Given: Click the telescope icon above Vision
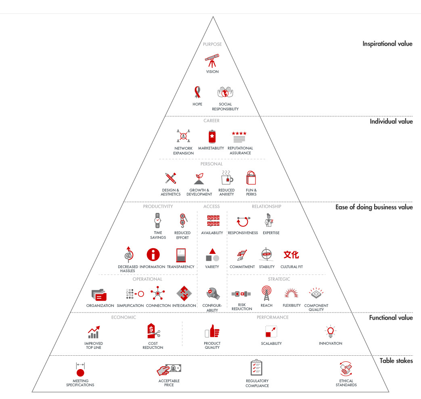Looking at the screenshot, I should [212, 61].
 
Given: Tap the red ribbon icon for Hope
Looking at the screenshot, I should [197, 93].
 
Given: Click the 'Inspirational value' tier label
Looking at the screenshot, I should [387, 44].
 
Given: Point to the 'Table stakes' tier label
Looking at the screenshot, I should [396, 361].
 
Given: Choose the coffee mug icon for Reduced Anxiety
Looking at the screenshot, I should [226, 178].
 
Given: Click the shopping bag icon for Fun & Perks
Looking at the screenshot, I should [251, 178].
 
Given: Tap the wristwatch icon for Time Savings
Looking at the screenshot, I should [157, 221].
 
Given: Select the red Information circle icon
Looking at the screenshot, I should [153, 255].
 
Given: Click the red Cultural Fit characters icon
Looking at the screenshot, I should [291, 255].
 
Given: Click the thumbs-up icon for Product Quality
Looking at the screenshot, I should [212, 332].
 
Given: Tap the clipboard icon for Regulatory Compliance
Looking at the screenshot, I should [257, 368].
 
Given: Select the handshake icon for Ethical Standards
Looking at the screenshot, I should [346, 369].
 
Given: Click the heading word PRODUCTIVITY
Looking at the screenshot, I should [158, 207].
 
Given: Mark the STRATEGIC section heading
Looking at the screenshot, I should [279, 279].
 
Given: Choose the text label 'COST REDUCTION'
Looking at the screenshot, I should [153, 346].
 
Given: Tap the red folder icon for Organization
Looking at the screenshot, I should [99, 295].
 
